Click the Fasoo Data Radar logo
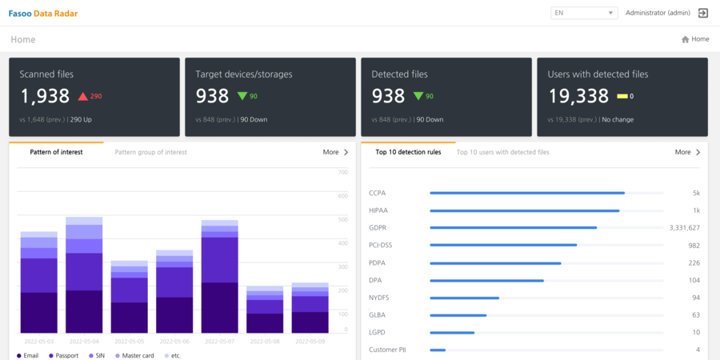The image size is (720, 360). (x=43, y=14)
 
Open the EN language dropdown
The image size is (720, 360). (x=584, y=13)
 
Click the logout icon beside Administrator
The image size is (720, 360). (x=703, y=13)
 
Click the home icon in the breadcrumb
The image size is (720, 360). (x=686, y=39)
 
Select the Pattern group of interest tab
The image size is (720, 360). (x=151, y=152)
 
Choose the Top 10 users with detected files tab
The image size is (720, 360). (x=502, y=152)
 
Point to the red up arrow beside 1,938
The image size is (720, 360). (x=82, y=97)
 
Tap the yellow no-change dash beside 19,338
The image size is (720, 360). (x=622, y=97)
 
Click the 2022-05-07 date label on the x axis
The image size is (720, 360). (x=219, y=341)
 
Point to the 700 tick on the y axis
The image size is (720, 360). (x=343, y=172)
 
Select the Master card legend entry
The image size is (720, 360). (x=133, y=355)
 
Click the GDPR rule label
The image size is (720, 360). (x=378, y=228)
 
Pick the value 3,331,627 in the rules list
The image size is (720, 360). (x=684, y=228)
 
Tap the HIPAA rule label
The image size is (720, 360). (x=379, y=210)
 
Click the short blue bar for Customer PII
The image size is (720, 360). (x=438, y=350)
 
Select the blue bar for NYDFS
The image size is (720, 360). (x=464, y=298)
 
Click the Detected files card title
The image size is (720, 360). (x=399, y=74)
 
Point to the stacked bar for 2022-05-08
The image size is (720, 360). (x=265, y=310)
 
